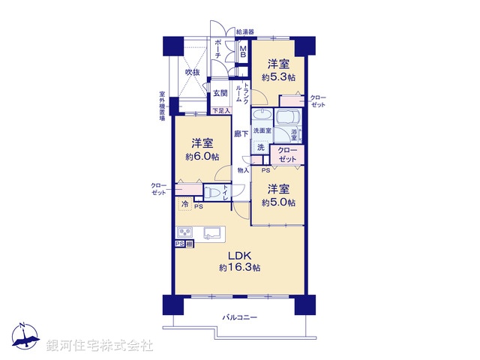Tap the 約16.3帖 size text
pos(239,268)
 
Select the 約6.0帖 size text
pos(202,157)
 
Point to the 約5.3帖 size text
pos(278,77)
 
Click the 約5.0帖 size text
pos(278,202)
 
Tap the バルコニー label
pos(239,318)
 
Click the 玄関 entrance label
pos(220,94)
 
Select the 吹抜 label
pos(193,72)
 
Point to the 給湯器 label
pos(244,32)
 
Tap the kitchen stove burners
pos(184,231)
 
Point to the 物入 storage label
pos(243,170)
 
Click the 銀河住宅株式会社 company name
pos(100,346)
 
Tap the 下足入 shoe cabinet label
pos(220,111)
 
